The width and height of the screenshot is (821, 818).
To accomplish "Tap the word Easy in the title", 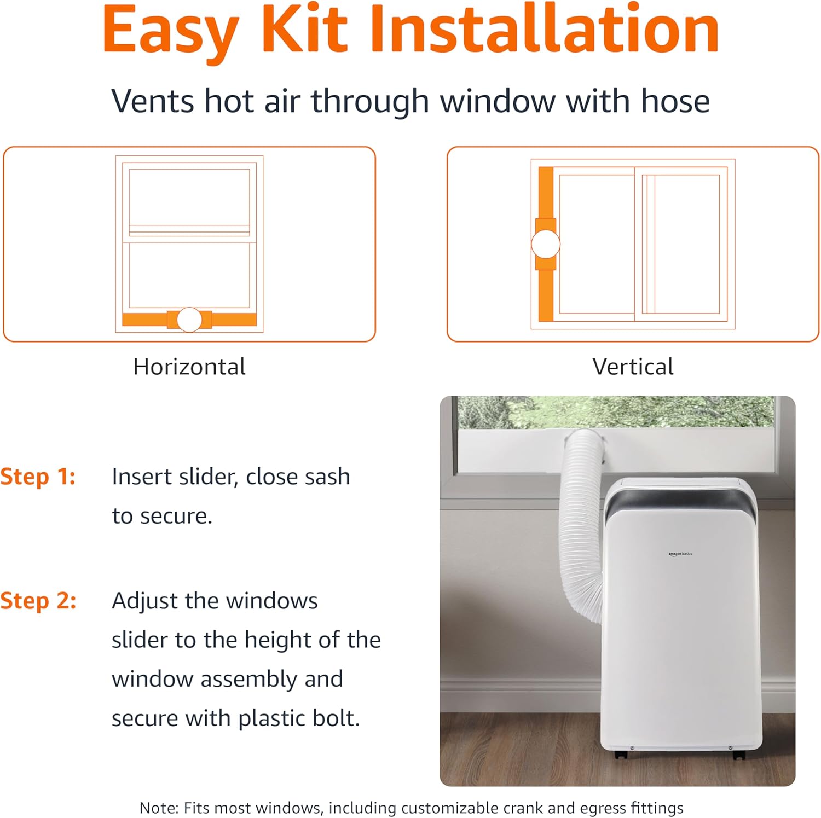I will coord(170,30).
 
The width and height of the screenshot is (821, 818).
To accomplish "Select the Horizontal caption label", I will coord(189,367).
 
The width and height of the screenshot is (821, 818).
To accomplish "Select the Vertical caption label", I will coord(633,367).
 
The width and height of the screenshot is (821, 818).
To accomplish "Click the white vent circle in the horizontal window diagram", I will coord(189,320).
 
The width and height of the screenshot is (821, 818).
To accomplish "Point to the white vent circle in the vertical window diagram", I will coord(545,244).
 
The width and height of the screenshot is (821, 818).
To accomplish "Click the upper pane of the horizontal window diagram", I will coord(189,197).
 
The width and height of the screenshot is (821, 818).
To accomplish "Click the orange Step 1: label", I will coord(38,477).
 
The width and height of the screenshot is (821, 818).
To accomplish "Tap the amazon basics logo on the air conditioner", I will coord(680,554).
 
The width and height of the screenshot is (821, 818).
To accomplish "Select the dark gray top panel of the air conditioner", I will coord(679,501).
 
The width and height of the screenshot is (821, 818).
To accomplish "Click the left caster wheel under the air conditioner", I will coord(620,755).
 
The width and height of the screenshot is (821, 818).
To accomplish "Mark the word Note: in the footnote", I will coord(159,808).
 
